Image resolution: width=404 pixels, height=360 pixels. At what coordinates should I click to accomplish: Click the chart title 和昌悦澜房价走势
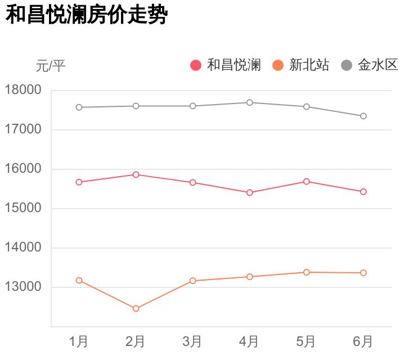click(87, 15)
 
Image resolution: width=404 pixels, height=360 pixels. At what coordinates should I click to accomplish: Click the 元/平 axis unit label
click(51, 66)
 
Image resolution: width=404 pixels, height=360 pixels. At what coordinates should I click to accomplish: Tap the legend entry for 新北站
click(301, 65)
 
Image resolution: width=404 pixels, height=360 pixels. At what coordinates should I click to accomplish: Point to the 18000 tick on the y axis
click(23, 90)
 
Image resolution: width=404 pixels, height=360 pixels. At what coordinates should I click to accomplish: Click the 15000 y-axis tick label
click(23, 208)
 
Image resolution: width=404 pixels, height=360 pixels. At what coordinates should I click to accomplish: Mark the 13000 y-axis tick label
click(23, 287)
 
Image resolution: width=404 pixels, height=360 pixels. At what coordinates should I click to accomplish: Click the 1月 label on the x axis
click(79, 341)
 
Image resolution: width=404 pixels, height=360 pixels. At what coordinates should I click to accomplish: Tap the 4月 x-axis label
click(249, 341)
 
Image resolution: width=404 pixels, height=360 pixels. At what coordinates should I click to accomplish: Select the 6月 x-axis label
click(363, 341)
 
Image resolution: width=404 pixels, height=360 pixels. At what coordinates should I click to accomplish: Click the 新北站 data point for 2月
click(136, 308)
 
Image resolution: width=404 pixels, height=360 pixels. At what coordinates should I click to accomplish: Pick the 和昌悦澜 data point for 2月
click(136, 174)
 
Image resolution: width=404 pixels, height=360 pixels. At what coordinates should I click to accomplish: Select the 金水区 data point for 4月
click(249, 102)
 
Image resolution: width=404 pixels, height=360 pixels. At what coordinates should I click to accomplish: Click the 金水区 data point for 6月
click(363, 116)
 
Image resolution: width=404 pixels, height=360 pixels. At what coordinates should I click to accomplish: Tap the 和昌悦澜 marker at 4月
click(249, 192)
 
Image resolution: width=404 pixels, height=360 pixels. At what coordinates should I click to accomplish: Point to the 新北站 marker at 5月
click(306, 272)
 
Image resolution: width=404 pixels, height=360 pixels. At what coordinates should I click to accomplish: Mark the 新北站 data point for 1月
click(79, 280)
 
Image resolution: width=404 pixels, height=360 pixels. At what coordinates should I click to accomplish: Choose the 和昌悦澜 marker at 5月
click(306, 181)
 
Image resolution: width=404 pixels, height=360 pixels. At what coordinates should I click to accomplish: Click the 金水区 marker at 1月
click(79, 107)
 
